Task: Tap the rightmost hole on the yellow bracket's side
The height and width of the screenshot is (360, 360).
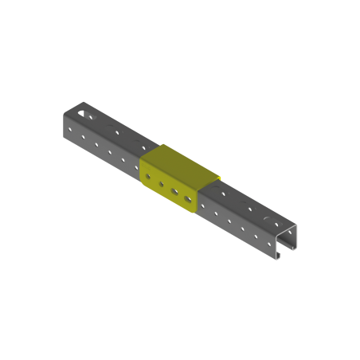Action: point(187,198)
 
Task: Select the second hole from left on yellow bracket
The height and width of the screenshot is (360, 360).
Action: point(161,183)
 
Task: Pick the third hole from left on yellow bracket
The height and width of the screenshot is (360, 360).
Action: point(174,191)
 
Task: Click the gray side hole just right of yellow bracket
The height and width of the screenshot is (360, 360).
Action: point(202,205)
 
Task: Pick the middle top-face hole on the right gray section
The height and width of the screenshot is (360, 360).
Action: point(250,206)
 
